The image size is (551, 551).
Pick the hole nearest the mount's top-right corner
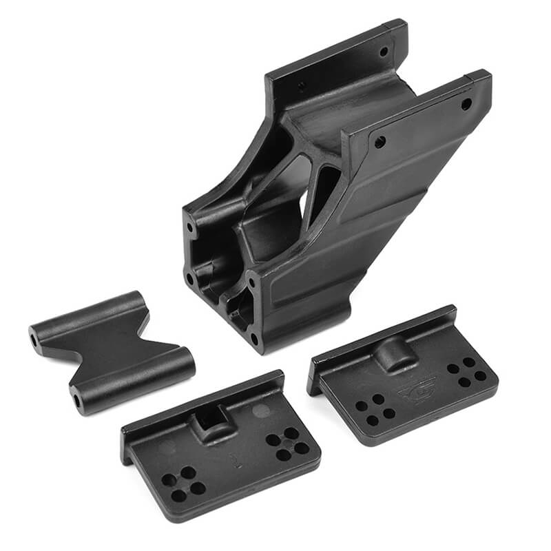click(466, 104)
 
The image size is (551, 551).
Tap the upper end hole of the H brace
click(33, 340)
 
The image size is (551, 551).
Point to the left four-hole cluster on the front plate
click(183, 482)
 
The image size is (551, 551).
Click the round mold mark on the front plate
click(261, 411)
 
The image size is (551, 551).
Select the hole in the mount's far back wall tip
click(384, 52)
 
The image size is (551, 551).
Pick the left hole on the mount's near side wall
click(378, 143)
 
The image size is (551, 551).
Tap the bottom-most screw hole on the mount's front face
click(254, 338)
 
